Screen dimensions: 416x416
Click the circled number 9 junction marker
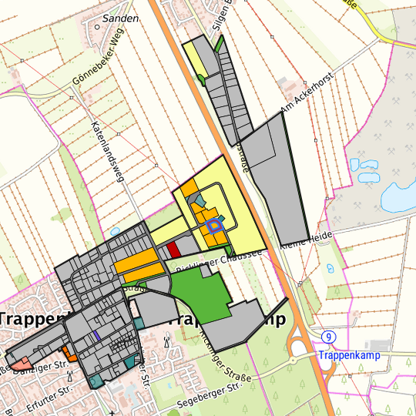[329, 337]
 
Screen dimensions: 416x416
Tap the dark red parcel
[173, 249]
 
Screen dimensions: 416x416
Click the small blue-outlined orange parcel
[213, 225]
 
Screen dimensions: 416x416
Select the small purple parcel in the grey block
[96, 335]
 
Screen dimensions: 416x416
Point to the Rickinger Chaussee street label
[220, 259]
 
